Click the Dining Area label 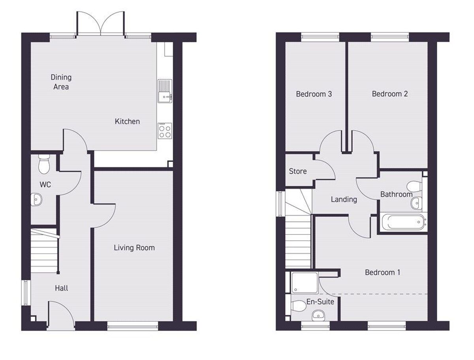(x=61, y=82)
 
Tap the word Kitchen (x=127, y=121)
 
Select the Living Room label (x=134, y=248)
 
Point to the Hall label (x=61, y=288)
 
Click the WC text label (x=45, y=184)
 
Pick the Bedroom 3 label (x=314, y=94)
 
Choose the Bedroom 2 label (x=389, y=94)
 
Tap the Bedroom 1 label (x=382, y=272)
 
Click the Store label (x=298, y=171)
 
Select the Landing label (x=344, y=199)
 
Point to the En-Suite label (x=320, y=302)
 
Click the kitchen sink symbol (x=165, y=91)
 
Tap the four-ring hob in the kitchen (x=165, y=131)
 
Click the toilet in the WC (x=43, y=163)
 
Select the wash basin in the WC (x=37, y=199)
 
